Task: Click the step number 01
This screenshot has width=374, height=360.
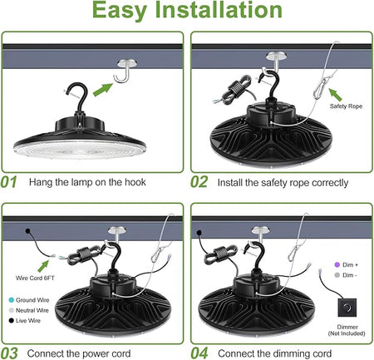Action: pos(8,182)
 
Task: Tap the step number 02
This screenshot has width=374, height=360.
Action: pos(199,182)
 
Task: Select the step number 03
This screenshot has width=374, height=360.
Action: pos(9,353)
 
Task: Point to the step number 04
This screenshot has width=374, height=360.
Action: pos(199,353)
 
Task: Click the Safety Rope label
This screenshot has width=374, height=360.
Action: pos(346,106)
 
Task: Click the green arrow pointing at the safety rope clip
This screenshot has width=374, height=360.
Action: pos(335,95)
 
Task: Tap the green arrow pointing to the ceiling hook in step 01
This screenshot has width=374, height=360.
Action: pos(103,90)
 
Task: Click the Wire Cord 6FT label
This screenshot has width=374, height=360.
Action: pos(35,278)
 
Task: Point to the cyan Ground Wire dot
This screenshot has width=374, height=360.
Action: pos(12,300)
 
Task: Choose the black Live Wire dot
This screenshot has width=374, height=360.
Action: pos(12,321)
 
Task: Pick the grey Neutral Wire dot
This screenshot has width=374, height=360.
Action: pos(12,310)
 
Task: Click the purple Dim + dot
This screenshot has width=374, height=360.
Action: pos(337,264)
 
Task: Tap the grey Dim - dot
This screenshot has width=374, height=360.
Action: pos(337,275)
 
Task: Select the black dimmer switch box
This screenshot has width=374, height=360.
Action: pos(347,308)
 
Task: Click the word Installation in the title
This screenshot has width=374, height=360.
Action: pos(219,10)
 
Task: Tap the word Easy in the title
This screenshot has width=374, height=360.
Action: pos(120,11)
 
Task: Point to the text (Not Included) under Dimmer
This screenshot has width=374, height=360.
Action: pos(347,333)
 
